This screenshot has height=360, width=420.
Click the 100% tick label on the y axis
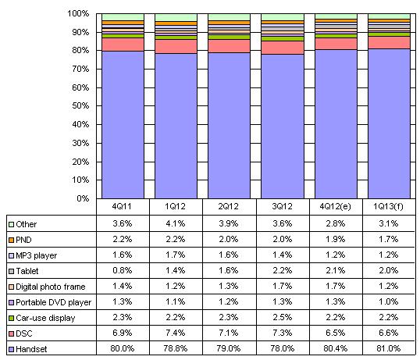[x=78, y=13]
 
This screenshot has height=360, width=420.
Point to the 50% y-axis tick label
[x=80, y=105]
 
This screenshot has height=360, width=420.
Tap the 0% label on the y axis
[x=83, y=198]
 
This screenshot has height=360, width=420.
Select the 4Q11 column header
[x=122, y=206]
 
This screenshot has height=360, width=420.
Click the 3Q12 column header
[x=282, y=206]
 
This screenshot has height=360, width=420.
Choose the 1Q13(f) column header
[x=389, y=206]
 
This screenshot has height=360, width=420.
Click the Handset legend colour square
[x=11, y=350]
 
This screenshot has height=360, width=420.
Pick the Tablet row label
[x=27, y=271]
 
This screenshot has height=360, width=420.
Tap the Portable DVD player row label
[x=54, y=302]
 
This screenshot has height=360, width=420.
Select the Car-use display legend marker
[x=11, y=318]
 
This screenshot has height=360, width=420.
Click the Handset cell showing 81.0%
[x=389, y=348]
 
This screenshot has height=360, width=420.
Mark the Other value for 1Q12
[x=176, y=223]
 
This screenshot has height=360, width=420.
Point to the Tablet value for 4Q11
[x=122, y=270]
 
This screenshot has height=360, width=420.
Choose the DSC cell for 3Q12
[x=282, y=333]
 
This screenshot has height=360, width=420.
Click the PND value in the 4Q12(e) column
[x=336, y=239]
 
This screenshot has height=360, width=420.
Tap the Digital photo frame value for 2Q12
[x=229, y=286]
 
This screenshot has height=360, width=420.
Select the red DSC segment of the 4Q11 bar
[x=123, y=45]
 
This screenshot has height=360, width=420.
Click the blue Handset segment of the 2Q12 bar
[x=229, y=126]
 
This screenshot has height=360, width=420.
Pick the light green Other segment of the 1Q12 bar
[x=176, y=17]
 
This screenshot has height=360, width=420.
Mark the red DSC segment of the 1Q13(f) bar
[x=389, y=43]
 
